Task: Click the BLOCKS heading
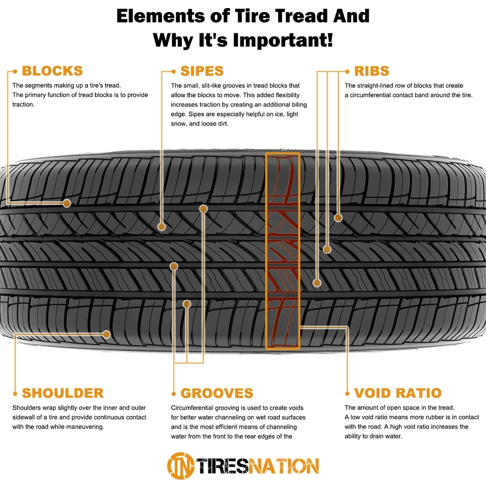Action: (52, 71)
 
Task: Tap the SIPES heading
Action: (201, 71)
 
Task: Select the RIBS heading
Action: (372, 71)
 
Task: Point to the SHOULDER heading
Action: (63, 393)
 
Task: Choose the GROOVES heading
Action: (217, 393)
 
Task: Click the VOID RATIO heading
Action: (398, 393)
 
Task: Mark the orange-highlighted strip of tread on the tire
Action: (282, 251)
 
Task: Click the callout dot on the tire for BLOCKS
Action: (66, 203)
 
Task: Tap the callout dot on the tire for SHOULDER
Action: (106, 334)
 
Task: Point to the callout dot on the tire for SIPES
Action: (161, 227)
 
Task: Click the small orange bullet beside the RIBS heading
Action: (347, 71)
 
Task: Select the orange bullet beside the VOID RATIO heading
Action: (347, 393)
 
